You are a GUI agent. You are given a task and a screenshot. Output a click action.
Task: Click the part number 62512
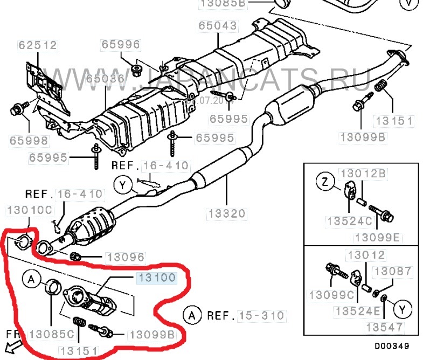[37, 45]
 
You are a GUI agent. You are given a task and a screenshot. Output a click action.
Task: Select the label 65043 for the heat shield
[217, 25]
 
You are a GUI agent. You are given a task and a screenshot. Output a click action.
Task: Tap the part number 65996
[121, 44]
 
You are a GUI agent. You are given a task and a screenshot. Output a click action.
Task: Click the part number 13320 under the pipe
[227, 213]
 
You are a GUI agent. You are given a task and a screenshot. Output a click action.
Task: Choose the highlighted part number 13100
[156, 278]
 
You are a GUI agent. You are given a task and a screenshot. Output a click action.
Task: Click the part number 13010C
[29, 209]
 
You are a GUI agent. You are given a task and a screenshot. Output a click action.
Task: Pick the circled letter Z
[325, 183]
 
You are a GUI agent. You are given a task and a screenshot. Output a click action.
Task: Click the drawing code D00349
[398, 345]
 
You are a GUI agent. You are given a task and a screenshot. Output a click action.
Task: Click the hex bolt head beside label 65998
[16, 110]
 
